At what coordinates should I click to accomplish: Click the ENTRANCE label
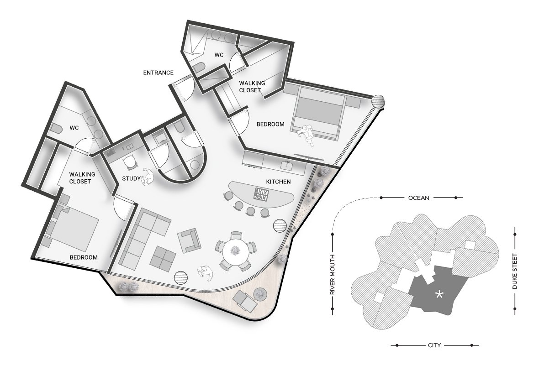158,73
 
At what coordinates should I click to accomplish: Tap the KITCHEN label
279,182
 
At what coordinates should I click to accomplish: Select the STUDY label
131,178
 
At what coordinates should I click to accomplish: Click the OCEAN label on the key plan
418,198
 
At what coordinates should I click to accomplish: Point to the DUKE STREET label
515,271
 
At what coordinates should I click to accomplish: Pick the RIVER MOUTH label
333,275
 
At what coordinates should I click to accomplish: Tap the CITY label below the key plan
434,345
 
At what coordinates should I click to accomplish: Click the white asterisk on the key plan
439,294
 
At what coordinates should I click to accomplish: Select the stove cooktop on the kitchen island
261,194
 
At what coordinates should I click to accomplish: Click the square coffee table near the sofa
164,258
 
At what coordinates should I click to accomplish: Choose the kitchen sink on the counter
286,166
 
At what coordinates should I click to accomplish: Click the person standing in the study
148,177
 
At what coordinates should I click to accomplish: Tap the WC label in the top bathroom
219,55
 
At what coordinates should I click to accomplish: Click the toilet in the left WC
55,129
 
